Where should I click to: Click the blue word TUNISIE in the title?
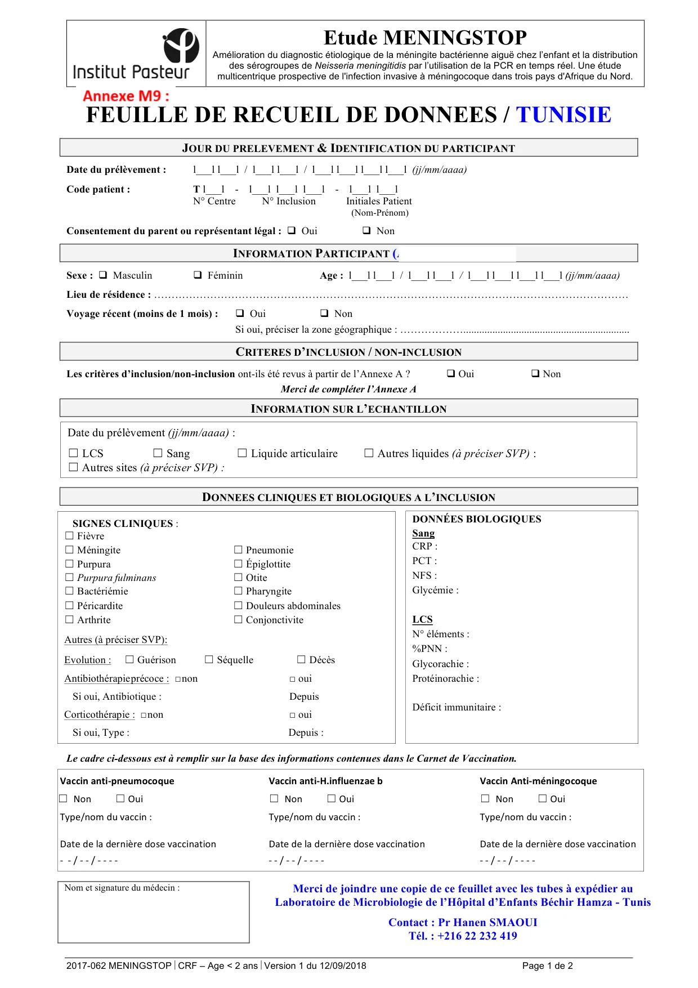pyautogui.click(x=563, y=115)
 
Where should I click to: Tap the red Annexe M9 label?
pyautogui.click(x=126, y=96)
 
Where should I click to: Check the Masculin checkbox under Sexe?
pyautogui.click(x=103, y=275)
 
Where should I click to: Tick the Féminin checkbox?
pyautogui.click(x=198, y=275)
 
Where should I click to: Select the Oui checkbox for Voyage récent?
pyautogui.click(x=240, y=313)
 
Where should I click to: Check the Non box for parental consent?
pyautogui.click(x=366, y=230)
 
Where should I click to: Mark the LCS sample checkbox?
pyautogui.click(x=73, y=453)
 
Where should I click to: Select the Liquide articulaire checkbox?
pyautogui.click(x=243, y=453)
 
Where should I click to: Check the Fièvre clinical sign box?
pyautogui.click(x=70, y=536)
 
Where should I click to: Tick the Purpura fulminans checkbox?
pyautogui.click(x=70, y=578)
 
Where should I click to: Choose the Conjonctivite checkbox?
pyautogui.click(x=239, y=620)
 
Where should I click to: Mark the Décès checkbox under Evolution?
pyautogui.click(x=302, y=659)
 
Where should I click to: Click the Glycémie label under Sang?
pyautogui.click(x=435, y=590)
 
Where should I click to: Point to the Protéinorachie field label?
pyautogui.click(x=445, y=678)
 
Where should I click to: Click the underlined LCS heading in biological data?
pyautogui.click(x=422, y=619)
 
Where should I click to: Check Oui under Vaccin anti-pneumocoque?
pyautogui.click(x=120, y=798)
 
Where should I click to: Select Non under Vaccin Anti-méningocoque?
pyautogui.click(x=485, y=798)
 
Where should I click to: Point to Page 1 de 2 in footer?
pyautogui.click(x=547, y=965)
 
